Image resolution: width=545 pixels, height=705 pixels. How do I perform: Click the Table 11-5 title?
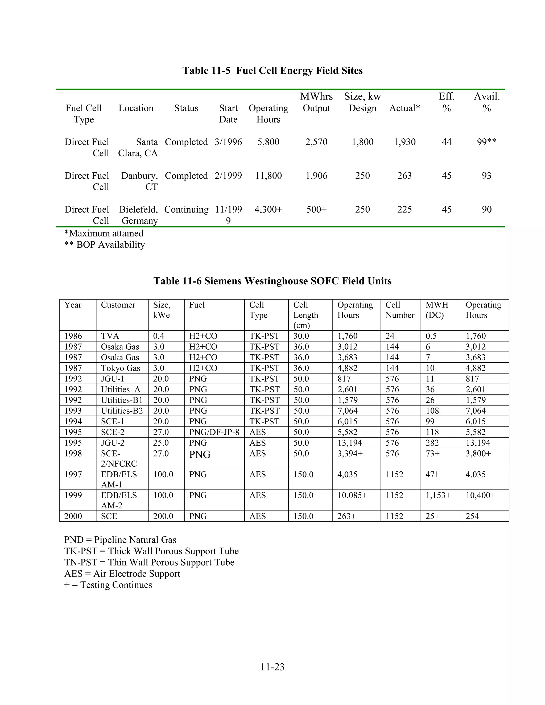click(272, 71)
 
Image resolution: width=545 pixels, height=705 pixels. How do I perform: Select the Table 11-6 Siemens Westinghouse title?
click(272, 281)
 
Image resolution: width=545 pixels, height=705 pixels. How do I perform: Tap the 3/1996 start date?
click(228, 142)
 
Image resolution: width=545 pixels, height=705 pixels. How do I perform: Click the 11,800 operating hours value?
click(268, 176)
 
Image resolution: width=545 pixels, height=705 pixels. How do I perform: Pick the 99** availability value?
click(486, 142)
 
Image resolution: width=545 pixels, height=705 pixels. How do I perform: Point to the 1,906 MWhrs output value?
click(316, 176)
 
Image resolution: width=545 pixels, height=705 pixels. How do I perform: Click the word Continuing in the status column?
click(186, 209)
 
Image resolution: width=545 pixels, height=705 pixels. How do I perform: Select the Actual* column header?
click(404, 108)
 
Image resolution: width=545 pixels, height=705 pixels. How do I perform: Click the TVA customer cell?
click(110, 336)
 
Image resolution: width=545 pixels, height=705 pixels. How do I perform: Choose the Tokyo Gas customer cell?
click(121, 368)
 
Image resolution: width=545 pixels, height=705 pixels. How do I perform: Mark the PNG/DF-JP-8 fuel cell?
click(214, 432)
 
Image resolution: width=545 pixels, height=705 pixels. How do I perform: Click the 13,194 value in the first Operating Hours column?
click(350, 443)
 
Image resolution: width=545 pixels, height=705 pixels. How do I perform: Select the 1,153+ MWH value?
click(438, 496)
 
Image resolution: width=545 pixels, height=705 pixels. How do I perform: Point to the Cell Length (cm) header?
click(305, 315)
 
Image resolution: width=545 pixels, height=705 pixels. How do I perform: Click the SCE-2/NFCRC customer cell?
click(118, 459)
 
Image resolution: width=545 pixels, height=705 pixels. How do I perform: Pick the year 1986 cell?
click(73, 336)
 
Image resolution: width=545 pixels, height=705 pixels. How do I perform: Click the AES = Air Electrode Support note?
click(122, 574)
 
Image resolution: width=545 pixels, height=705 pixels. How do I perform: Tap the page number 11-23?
click(272, 667)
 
